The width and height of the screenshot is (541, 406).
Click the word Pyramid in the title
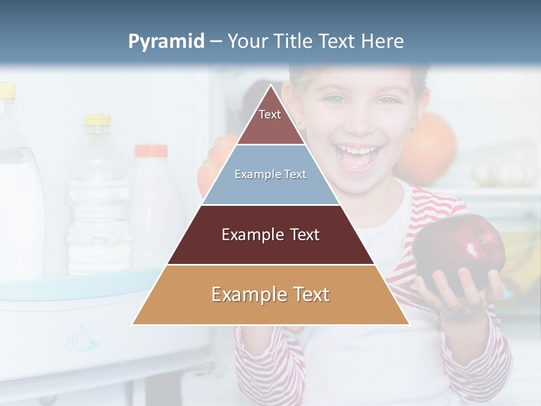(x=166, y=42)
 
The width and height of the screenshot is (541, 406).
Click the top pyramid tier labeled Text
(x=270, y=121)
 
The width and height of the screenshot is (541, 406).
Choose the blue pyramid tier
(x=270, y=175)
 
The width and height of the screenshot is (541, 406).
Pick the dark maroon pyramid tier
(x=270, y=235)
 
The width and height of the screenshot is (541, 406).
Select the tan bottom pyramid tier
(x=270, y=295)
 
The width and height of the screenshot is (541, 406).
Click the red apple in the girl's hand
(x=459, y=248)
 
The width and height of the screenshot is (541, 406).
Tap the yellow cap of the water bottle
(x=97, y=120)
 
